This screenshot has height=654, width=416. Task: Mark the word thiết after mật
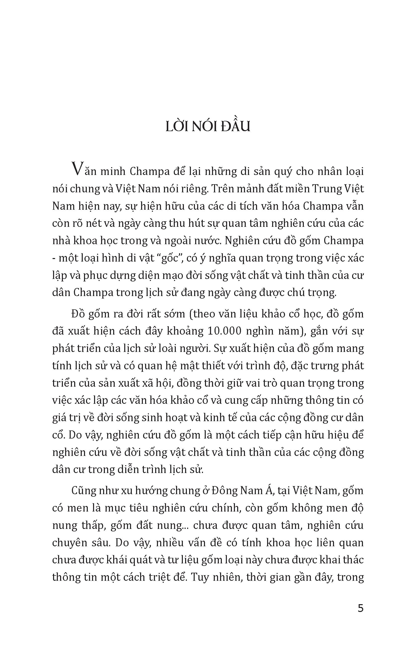[x=216, y=366]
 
